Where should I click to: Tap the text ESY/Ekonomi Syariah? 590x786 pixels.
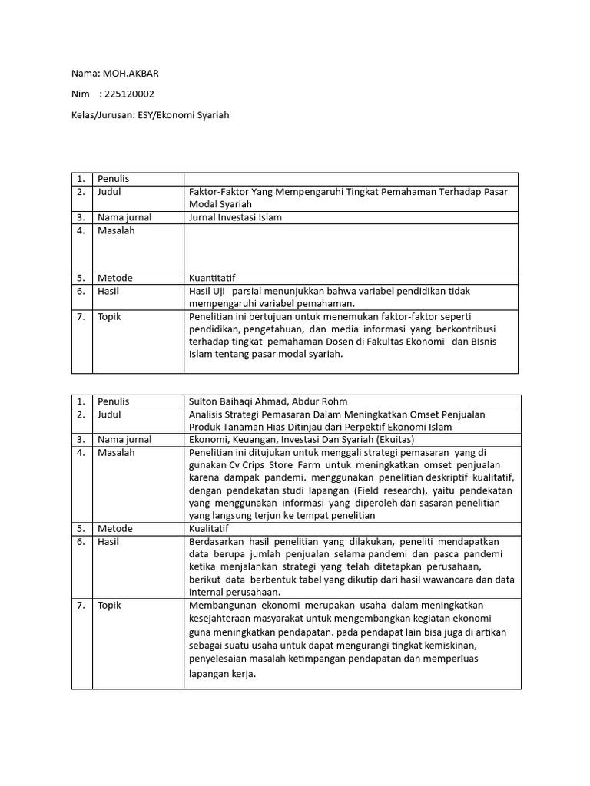point(187,115)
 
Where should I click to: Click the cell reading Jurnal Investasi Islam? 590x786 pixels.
point(235,217)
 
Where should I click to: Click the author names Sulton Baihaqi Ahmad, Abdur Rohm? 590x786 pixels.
point(267,401)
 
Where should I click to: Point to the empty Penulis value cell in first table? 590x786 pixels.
point(350,179)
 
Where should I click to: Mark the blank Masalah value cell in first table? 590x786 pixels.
point(350,247)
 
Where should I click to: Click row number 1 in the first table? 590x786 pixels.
point(81,179)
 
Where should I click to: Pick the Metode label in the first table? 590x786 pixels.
point(114,278)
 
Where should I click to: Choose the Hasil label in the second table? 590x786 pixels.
point(109,541)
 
